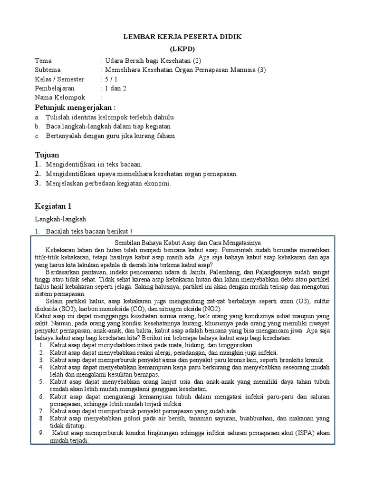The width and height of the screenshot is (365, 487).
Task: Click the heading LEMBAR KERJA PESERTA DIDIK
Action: (182, 37)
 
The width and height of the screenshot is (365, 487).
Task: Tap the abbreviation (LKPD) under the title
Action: (182, 49)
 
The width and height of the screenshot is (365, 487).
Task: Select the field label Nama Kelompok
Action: (60, 97)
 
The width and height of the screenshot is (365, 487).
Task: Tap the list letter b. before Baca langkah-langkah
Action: (37, 127)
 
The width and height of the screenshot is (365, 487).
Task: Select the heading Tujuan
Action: (47, 155)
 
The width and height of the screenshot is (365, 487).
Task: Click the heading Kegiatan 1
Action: (53, 206)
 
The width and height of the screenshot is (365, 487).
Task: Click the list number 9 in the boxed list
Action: (41, 433)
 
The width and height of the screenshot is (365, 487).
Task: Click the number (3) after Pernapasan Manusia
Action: (262, 70)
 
